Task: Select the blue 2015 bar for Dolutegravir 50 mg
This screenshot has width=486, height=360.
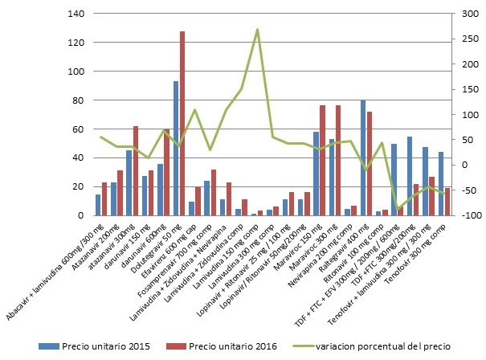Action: [176, 148]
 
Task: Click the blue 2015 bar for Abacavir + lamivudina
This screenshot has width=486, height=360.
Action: [98, 205]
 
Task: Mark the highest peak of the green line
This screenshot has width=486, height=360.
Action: [257, 30]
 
